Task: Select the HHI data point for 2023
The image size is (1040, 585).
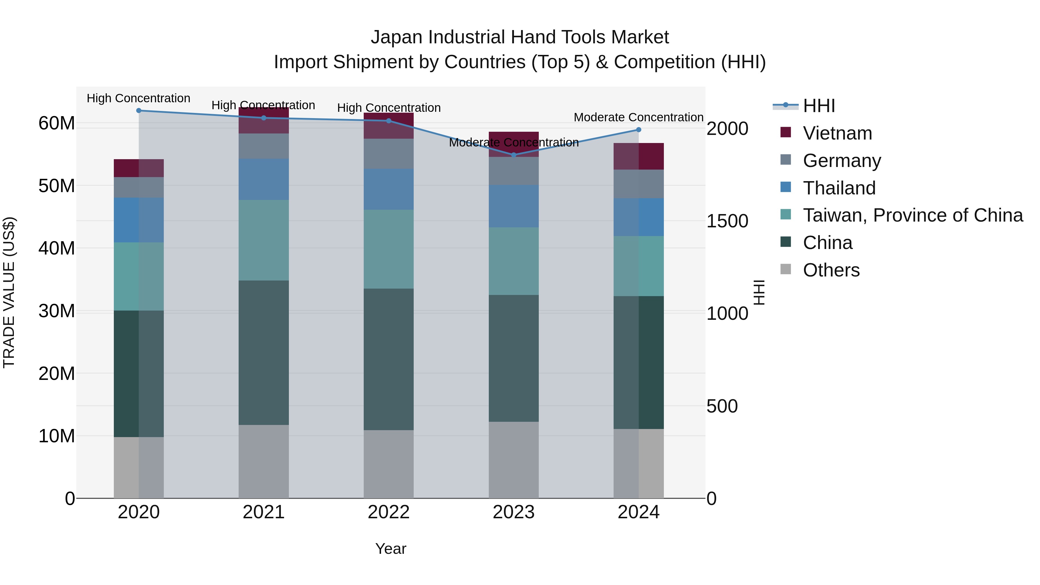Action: (514, 155)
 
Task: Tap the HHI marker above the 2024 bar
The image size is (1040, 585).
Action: (638, 130)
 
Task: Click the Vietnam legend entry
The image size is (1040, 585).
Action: (837, 133)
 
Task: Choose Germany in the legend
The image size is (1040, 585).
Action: (842, 161)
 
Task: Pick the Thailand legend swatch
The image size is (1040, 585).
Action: (786, 187)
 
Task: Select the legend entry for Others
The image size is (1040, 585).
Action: (831, 270)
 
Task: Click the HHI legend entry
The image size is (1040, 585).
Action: (819, 106)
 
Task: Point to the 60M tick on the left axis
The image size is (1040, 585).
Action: (57, 123)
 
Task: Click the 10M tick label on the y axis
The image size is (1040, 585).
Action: (57, 436)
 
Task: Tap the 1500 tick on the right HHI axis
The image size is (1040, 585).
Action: (727, 221)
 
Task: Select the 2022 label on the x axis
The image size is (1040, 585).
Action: (388, 512)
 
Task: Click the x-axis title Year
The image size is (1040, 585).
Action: (390, 549)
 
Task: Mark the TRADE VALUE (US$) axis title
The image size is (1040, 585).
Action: (9, 292)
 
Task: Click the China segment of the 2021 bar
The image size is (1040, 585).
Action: (264, 352)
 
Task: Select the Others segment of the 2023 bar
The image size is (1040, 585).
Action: (514, 460)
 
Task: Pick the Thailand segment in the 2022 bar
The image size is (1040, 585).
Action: (388, 189)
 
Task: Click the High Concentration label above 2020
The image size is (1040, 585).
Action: (138, 98)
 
